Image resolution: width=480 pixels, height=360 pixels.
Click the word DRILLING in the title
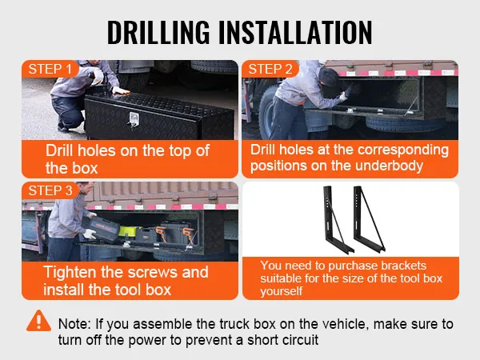click(158, 32)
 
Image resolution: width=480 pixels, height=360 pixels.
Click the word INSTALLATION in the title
click(296, 32)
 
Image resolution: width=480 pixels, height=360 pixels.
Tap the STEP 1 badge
click(50, 69)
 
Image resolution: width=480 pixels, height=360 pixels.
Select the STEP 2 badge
click(270, 69)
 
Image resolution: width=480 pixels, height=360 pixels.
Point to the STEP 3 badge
click(50, 190)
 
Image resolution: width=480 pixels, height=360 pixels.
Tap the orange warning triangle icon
click(38, 321)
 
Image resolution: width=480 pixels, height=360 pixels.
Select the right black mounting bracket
click(369, 219)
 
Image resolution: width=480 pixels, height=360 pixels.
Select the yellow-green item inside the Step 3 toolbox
click(127, 232)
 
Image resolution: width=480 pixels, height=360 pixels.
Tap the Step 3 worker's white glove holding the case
click(90, 234)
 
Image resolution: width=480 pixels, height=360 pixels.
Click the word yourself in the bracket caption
click(282, 291)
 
